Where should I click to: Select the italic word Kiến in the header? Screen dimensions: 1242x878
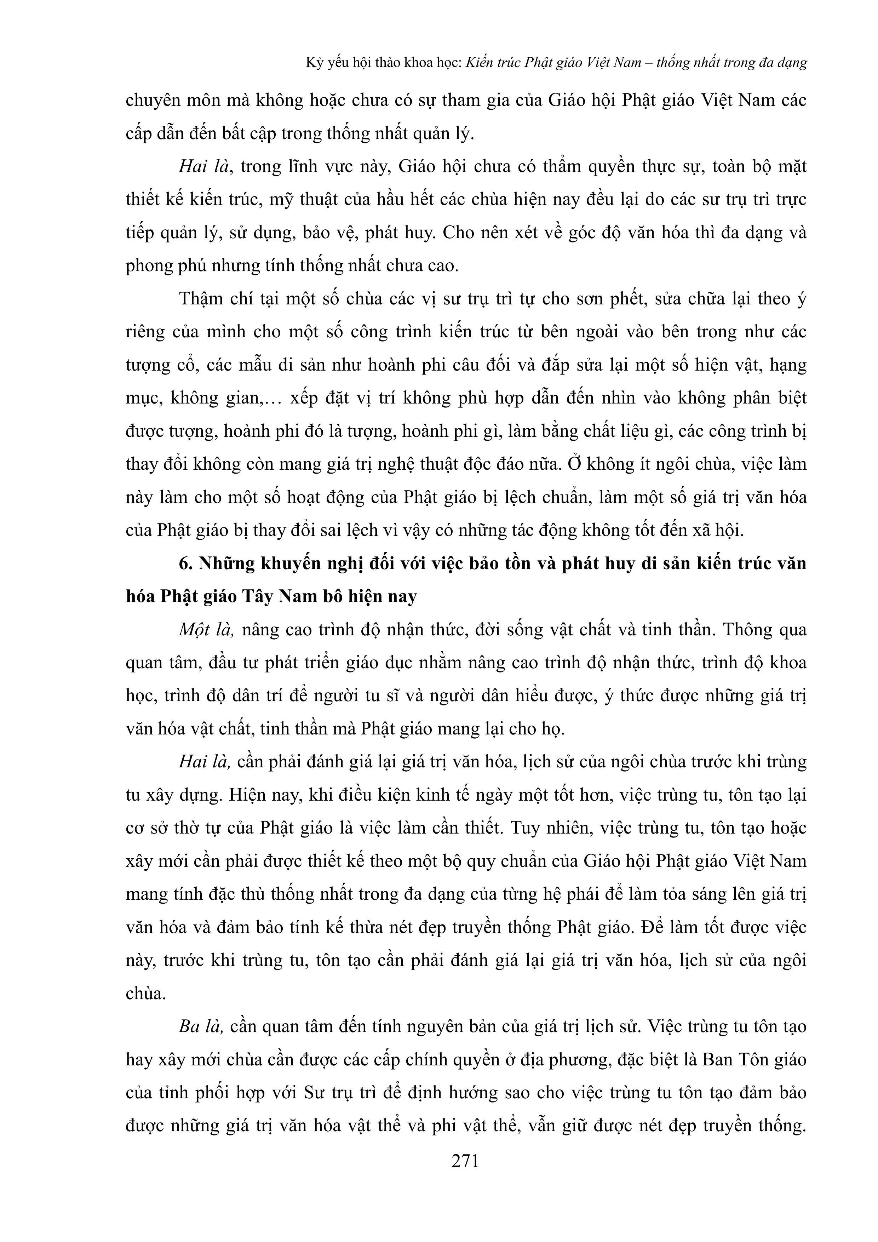479,63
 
